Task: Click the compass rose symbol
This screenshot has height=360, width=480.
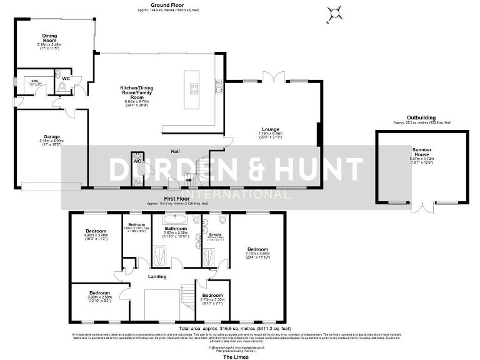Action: tap(336, 12)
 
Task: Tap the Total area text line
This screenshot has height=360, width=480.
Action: tap(234, 328)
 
